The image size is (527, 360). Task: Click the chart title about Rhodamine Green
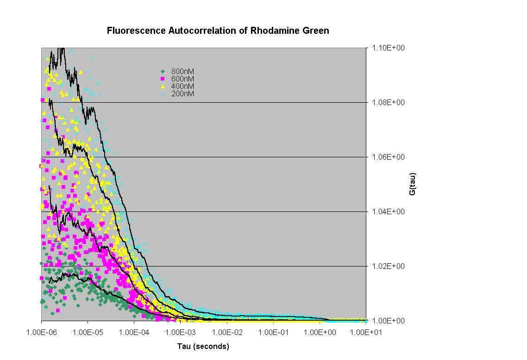click(218, 31)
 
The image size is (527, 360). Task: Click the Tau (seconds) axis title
click(203, 346)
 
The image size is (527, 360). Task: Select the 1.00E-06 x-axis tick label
click(42, 332)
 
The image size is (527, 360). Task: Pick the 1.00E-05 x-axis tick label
click(88, 332)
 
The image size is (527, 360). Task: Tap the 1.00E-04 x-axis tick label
click(134, 332)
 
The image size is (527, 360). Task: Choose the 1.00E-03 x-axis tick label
click(180, 332)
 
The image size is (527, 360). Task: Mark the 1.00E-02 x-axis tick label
click(226, 332)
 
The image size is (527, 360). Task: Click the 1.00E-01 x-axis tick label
click(273, 332)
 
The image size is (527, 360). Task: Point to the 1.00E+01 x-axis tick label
click(365, 332)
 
